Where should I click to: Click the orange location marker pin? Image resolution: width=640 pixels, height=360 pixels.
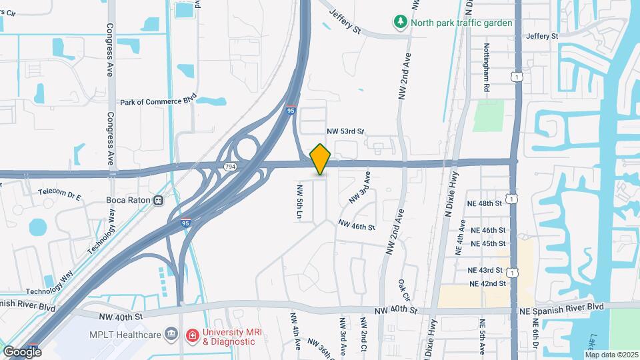click(x=321, y=159)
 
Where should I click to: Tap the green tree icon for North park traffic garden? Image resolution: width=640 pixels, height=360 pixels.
click(x=400, y=22)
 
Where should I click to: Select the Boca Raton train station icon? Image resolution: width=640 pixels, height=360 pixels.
click(x=159, y=200)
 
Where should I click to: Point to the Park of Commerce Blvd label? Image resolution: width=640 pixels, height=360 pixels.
click(x=158, y=102)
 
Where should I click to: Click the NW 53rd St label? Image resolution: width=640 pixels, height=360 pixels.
click(x=345, y=131)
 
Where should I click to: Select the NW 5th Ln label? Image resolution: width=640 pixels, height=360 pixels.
click(x=300, y=203)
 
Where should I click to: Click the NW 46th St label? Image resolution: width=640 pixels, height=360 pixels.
click(x=357, y=226)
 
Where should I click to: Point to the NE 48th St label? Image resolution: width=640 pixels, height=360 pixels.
click(x=484, y=203)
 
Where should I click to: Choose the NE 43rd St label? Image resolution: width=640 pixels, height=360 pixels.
click(x=485, y=270)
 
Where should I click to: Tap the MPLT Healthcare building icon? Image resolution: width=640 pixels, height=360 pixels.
click(x=171, y=333)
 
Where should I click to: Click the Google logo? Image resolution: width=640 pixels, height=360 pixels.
click(x=22, y=351)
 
